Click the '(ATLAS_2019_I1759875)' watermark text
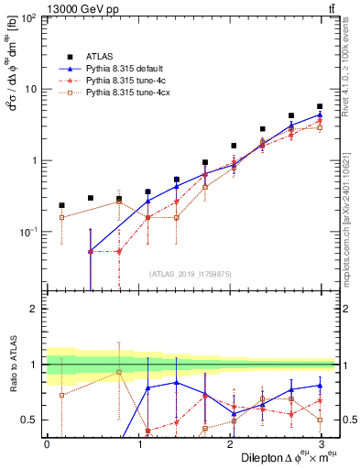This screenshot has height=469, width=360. [190, 273]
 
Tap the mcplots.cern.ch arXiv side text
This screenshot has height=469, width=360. [345, 211]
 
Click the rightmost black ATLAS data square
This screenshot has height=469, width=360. [320, 106]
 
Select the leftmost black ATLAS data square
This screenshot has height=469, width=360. [61, 205]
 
